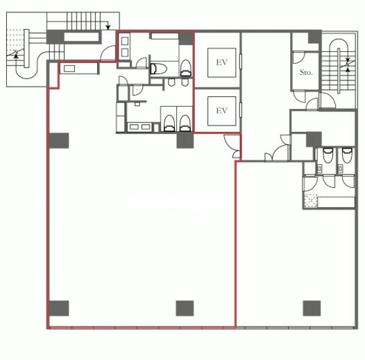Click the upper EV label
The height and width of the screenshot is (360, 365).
coord(221,62)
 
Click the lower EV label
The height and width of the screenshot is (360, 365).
coord(221,110)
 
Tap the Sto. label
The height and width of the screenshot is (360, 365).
coord(306,72)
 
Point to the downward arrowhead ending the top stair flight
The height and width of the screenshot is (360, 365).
coord(108,28)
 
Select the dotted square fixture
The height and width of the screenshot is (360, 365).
coord(311,200)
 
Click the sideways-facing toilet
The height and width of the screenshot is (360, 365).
coord(158,69)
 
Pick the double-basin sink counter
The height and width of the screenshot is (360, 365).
coord(139,127)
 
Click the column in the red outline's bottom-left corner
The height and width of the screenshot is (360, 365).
coord(59,308)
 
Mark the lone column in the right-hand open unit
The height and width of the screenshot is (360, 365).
coord(312,308)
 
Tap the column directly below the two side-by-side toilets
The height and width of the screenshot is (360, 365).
coord(185,140)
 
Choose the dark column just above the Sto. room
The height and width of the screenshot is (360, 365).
coord(315,37)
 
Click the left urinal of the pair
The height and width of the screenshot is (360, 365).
coord(171,83)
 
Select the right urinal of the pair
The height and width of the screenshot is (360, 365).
coord(185,83)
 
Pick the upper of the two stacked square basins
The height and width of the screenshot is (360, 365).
coord(125,41)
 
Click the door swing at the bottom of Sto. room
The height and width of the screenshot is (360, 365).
coord(299,96)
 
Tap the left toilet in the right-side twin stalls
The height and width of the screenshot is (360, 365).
coord(328,155)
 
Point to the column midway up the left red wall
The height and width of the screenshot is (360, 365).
coord(59,141)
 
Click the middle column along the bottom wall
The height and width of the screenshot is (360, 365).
coord(185,308)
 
